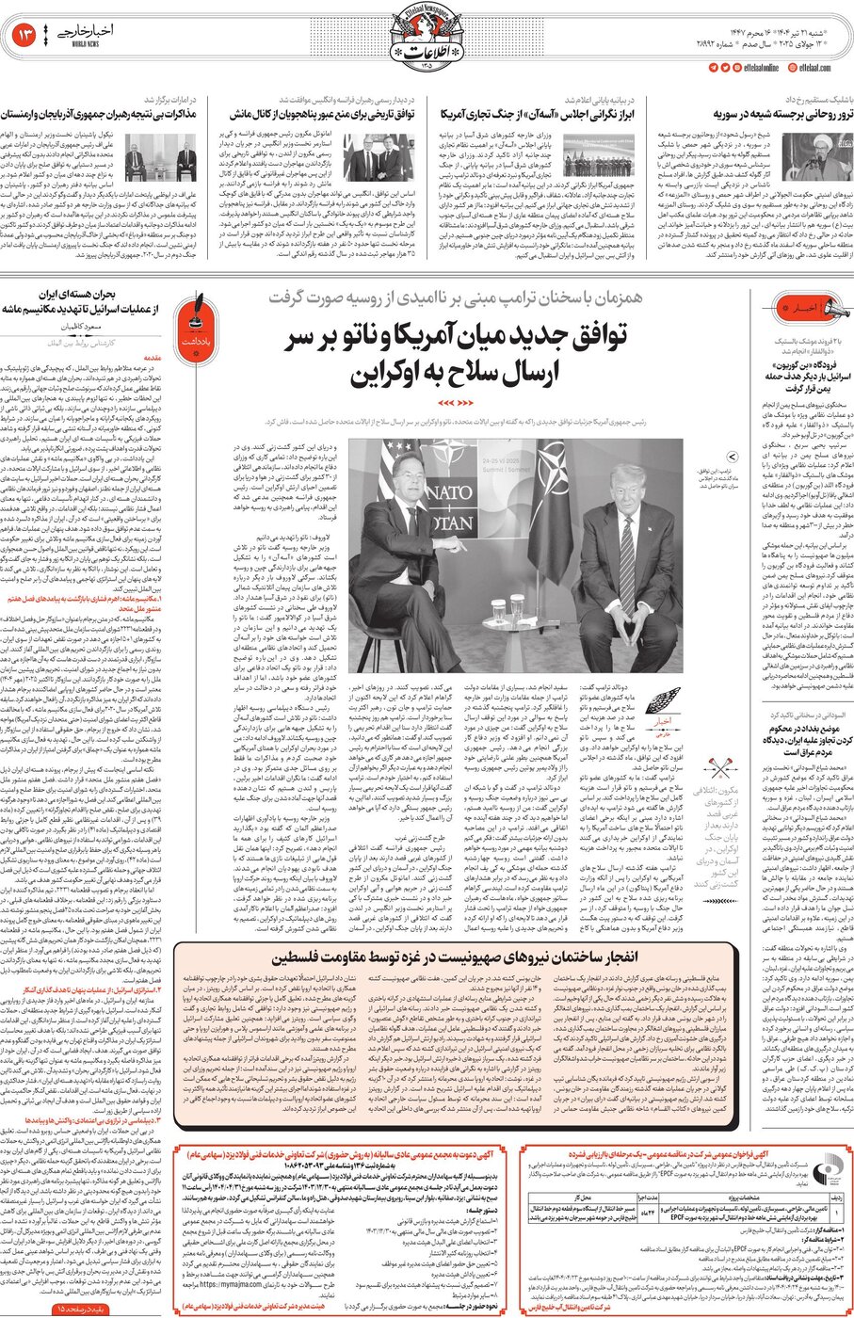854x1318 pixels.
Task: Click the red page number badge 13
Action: point(24,36)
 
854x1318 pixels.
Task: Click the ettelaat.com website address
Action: point(814,67)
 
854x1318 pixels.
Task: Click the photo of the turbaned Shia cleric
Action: point(818,154)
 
